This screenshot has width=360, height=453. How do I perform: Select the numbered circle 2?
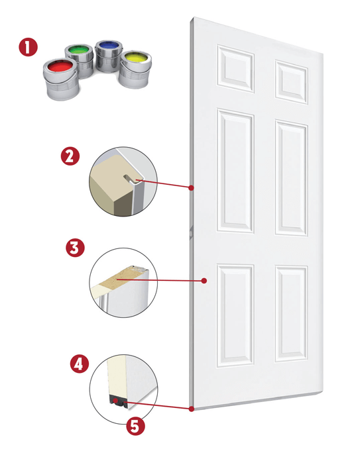tap(70, 157)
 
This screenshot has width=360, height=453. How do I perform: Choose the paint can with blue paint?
tap(107, 55)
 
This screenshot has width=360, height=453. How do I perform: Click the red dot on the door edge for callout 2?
tap(191, 188)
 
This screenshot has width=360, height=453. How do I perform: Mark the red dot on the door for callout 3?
tap(205, 281)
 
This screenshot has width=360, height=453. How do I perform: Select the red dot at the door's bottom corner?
tap(192, 409)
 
